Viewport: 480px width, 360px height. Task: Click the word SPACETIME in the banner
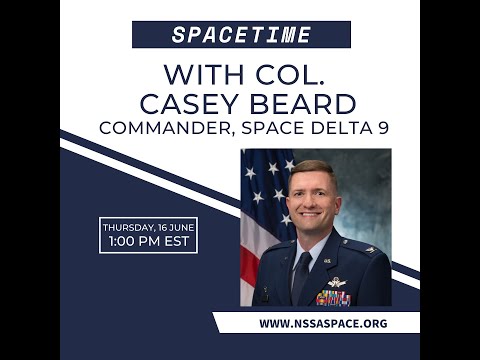pyautogui.click(x=241, y=35)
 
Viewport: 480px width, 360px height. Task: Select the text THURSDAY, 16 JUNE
pyautogui.click(x=148, y=227)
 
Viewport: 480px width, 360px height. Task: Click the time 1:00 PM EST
pyautogui.click(x=148, y=242)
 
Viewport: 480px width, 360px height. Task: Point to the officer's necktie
pyautogui.click(x=302, y=274)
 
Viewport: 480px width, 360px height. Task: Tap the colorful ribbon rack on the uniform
pyautogui.click(x=334, y=296)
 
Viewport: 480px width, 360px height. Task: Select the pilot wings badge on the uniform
pyautogui.click(x=336, y=281)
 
